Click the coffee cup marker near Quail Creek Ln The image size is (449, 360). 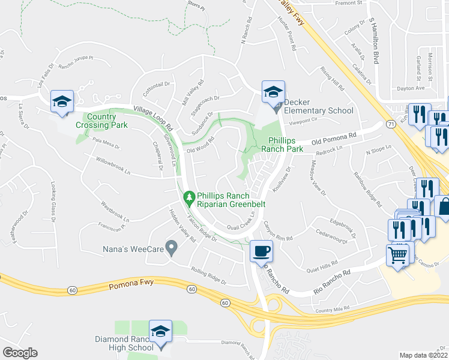point(261,251)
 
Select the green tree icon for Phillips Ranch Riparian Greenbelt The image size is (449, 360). point(189,197)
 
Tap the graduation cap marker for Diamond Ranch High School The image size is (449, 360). point(161,331)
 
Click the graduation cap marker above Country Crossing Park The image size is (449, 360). point(61,102)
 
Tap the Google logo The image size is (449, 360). point(20,352)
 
